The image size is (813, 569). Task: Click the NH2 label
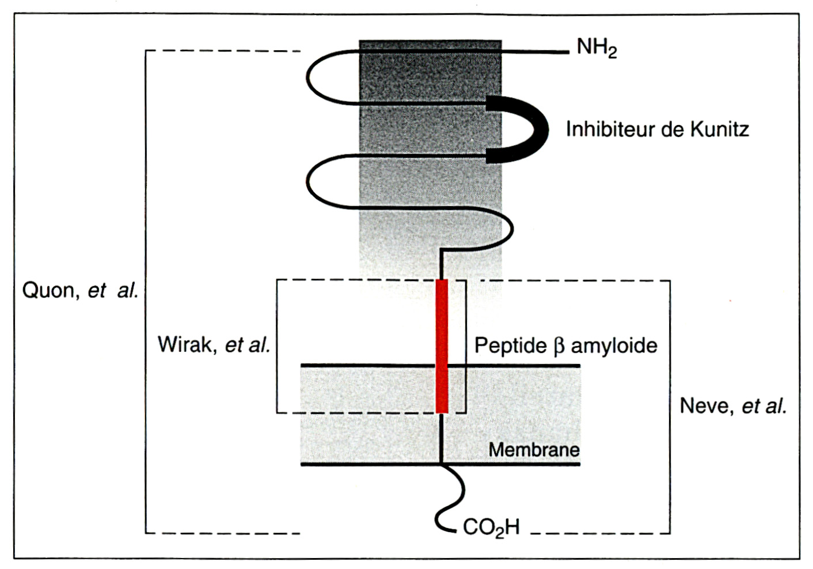597,48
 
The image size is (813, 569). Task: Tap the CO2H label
491,527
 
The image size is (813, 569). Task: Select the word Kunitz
720,129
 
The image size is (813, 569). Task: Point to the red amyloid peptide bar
442,346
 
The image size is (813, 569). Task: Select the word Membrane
534,449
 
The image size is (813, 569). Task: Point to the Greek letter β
559,346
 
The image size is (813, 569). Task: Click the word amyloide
614,346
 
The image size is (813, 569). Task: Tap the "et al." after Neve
763,406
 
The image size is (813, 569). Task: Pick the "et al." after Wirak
248,344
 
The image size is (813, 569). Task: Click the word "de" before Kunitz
673,129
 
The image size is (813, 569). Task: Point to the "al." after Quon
128,290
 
